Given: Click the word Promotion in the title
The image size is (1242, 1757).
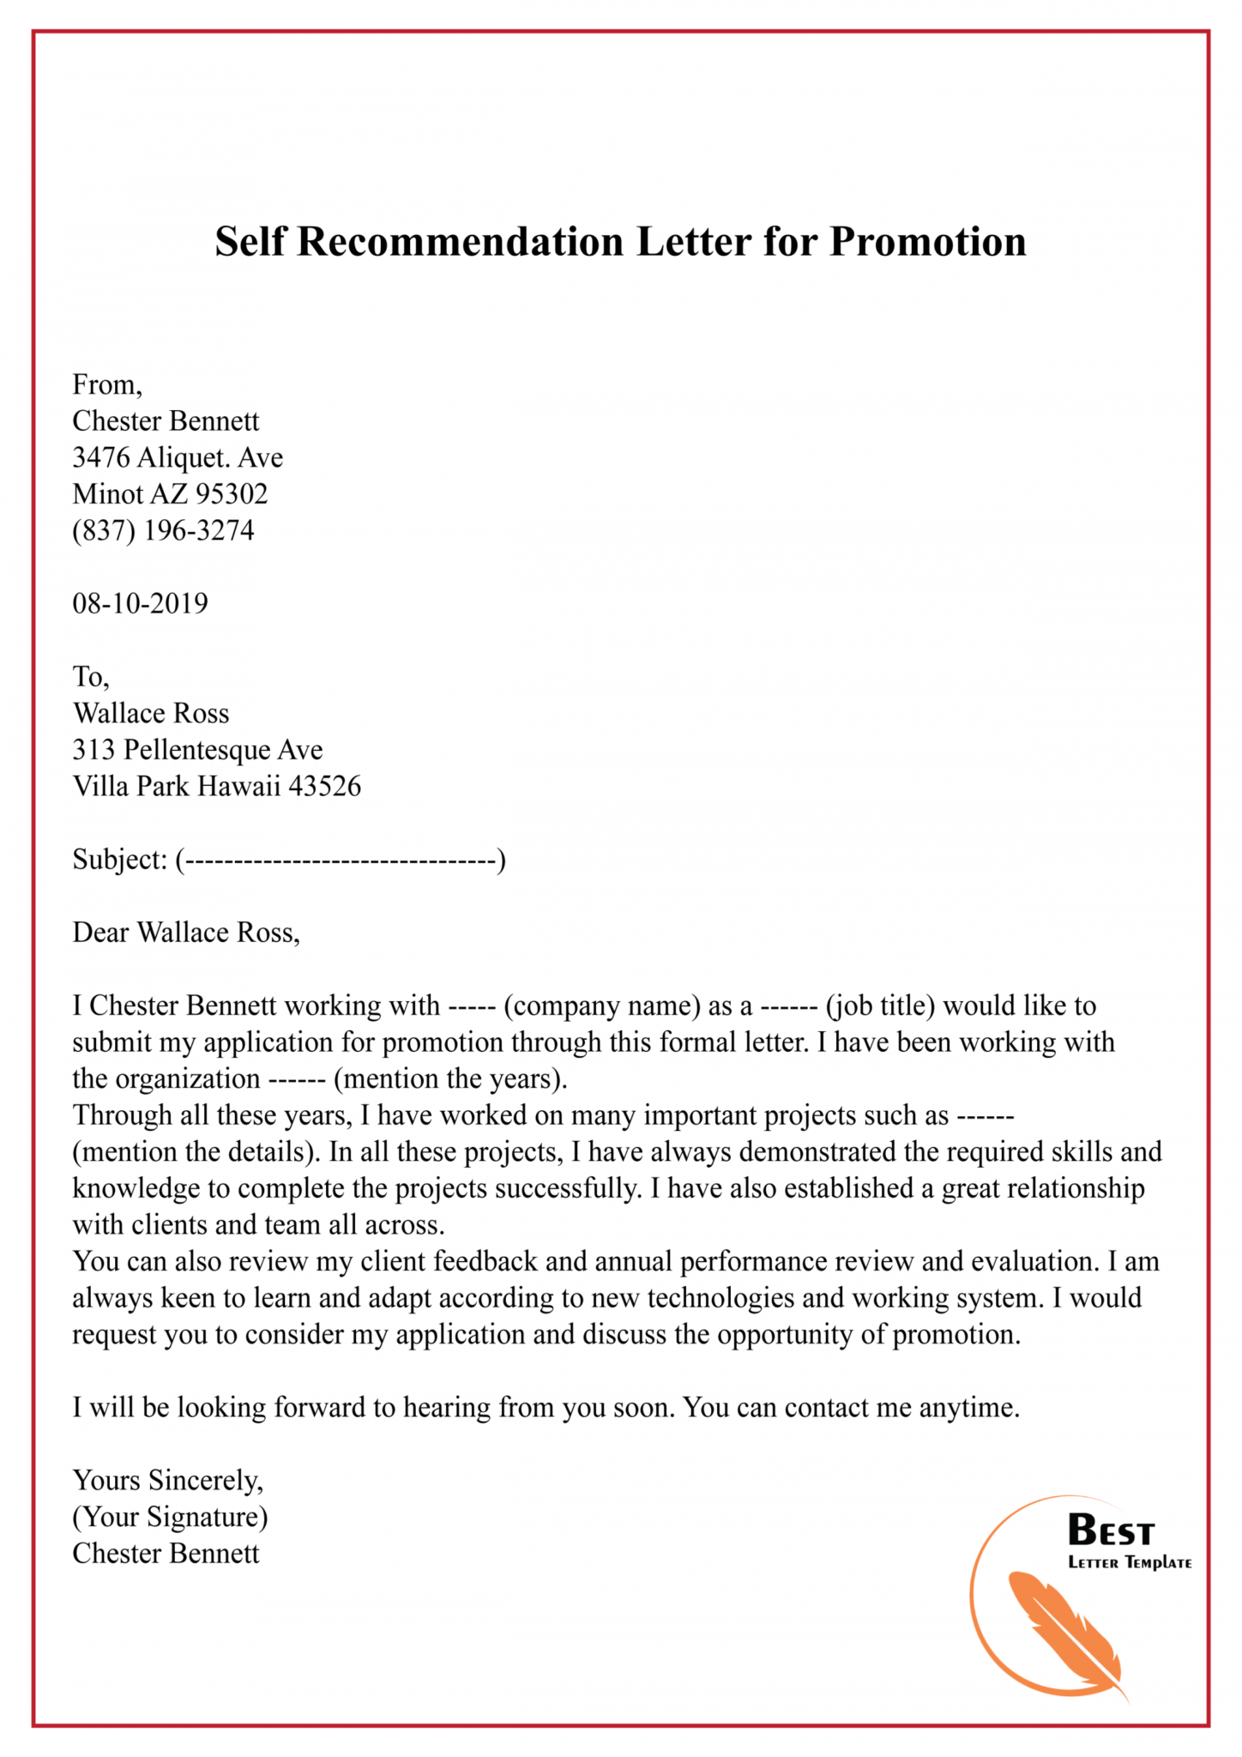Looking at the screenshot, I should coord(927,242).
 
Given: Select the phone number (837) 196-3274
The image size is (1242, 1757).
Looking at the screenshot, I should coord(163,530).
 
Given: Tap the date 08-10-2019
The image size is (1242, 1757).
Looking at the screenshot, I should coord(140,603).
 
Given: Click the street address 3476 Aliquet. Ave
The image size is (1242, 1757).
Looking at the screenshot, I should coord(178,457).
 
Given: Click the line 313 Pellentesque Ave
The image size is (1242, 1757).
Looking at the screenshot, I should coord(197,750).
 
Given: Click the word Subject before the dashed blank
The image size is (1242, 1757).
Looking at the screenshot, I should coord(119,859).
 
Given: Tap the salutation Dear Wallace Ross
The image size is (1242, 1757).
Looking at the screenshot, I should coord(186,933).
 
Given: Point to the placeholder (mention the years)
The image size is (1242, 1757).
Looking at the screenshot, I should coord(450,1079).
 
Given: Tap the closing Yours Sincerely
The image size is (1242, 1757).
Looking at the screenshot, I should coord(167,1480).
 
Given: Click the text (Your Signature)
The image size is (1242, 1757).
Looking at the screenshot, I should coord(170,1517).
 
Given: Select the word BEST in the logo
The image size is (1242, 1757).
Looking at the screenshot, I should coord(1111,1531).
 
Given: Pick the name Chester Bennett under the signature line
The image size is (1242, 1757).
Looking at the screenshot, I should coord(166,1554).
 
